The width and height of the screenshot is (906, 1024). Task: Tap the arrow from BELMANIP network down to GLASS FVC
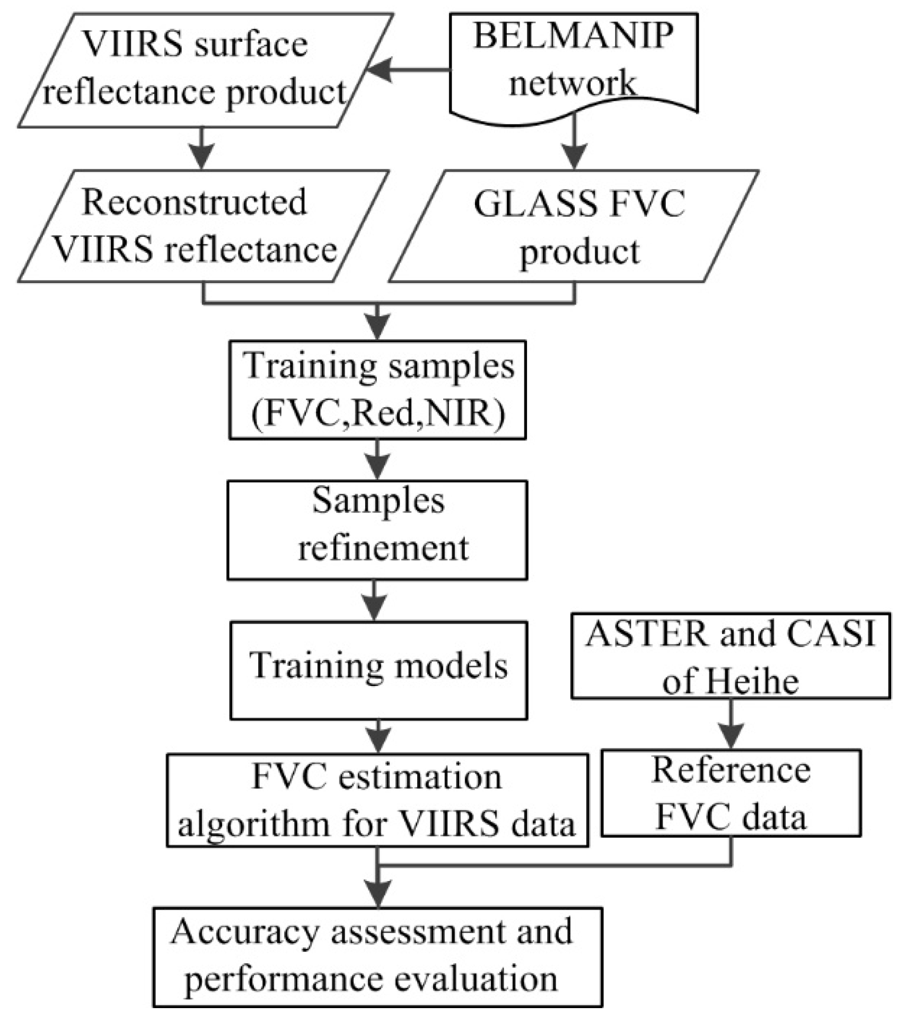(x=574, y=143)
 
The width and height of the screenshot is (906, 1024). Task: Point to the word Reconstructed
(x=194, y=203)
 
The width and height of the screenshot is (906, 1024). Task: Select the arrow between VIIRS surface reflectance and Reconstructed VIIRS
(x=201, y=148)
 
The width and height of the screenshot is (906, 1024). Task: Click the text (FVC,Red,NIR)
(x=378, y=413)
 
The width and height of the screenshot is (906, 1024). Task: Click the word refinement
(x=383, y=548)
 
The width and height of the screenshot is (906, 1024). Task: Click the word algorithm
(x=253, y=825)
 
